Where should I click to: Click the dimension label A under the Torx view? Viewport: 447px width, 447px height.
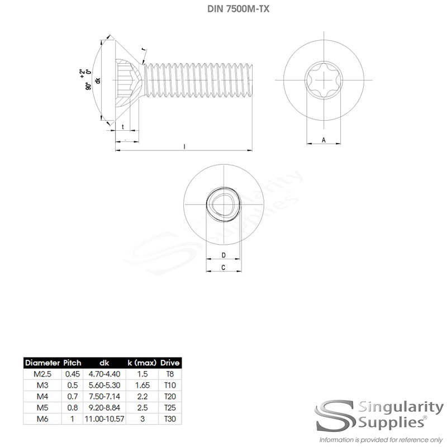click(324, 140)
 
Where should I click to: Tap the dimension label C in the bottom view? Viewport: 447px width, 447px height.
click(223, 268)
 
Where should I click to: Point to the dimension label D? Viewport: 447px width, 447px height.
click(223, 255)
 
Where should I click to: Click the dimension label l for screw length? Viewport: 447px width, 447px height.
click(184, 146)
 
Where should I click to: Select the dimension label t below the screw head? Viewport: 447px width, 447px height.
click(123, 127)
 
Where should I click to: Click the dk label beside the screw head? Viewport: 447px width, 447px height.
click(98, 80)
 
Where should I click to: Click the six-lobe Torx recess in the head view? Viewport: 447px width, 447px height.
click(324, 79)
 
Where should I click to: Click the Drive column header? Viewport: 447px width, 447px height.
click(170, 363)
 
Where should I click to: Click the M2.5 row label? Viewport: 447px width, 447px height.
click(41, 372)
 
